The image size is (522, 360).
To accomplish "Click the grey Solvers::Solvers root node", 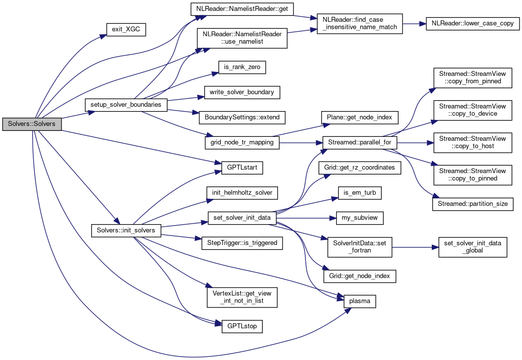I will [32, 123].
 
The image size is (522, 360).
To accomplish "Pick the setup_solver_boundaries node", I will [126, 105].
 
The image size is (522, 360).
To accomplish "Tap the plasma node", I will [360, 301].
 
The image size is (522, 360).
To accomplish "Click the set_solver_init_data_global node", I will [473, 246].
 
